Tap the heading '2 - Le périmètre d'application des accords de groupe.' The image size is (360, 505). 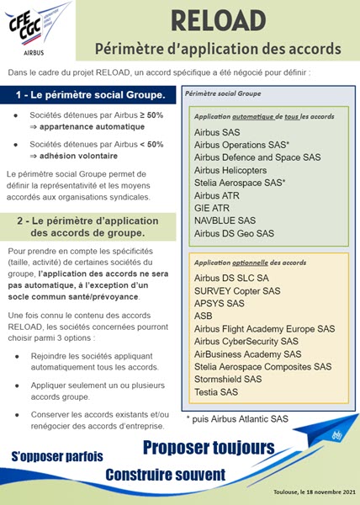[92, 227]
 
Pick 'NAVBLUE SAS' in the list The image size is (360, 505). [223, 220]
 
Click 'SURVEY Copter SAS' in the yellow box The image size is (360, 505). [238, 291]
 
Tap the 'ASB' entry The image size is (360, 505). [203, 316]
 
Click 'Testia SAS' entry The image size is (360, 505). [216, 392]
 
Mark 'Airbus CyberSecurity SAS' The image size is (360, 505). [246, 342]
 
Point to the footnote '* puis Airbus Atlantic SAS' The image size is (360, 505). [237, 417]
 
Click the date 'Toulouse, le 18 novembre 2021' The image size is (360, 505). [310, 492]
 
